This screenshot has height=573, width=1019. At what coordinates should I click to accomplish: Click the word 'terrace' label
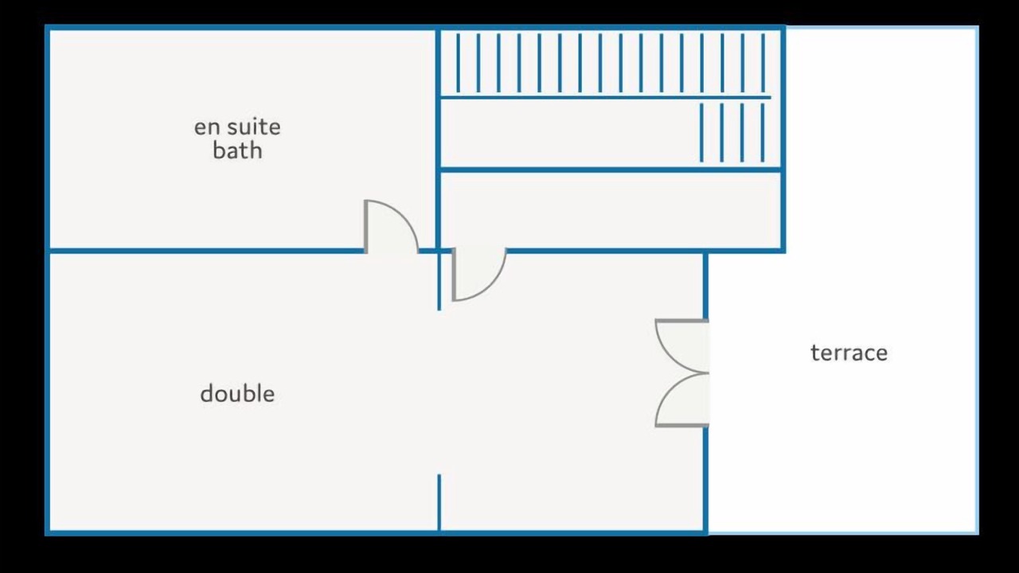click(x=849, y=353)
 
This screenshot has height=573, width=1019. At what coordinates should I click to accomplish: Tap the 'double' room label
click(x=237, y=393)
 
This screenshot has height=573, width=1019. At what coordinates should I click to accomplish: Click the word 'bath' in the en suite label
click(x=237, y=150)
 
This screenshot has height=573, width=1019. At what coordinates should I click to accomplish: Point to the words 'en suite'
click(x=237, y=127)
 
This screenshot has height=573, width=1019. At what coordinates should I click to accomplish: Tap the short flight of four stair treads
click(x=732, y=132)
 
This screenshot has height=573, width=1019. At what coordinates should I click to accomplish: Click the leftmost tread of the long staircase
click(x=458, y=63)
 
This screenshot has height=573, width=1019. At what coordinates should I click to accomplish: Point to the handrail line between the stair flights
click(x=606, y=97)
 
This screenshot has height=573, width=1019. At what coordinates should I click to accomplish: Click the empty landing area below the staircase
click(x=611, y=210)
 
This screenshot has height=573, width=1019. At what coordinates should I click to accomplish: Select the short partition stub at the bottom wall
click(x=439, y=502)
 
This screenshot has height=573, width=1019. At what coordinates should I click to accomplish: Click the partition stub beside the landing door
click(x=439, y=282)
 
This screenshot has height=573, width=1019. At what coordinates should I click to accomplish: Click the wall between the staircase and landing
click(x=611, y=170)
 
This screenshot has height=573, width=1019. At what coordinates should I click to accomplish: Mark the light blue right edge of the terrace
click(x=977, y=280)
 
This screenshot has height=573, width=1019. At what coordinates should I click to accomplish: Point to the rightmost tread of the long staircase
click(x=763, y=63)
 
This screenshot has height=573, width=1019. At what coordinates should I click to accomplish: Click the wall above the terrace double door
click(x=705, y=286)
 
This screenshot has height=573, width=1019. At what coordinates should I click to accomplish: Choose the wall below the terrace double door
click(x=705, y=480)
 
